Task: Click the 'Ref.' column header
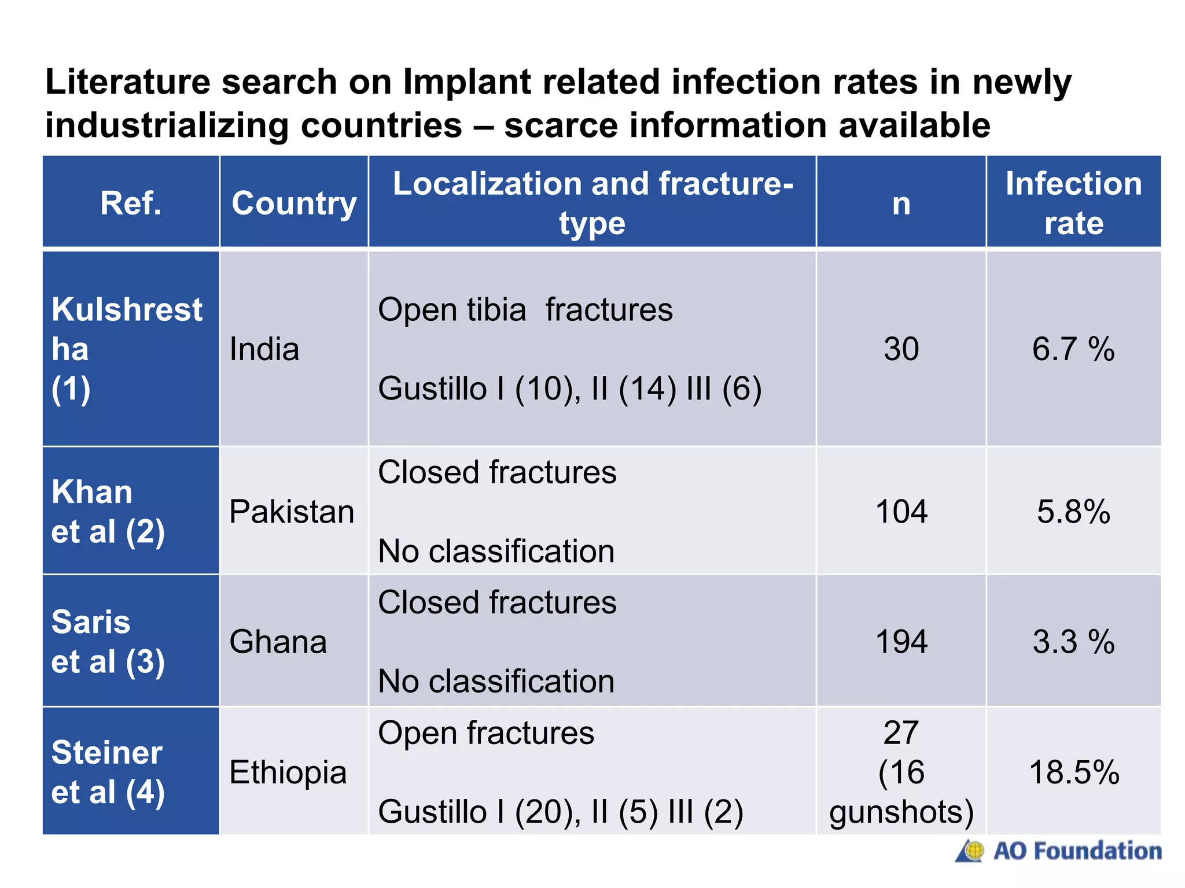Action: (x=131, y=203)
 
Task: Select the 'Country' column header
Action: (x=294, y=203)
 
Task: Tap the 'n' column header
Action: (x=901, y=203)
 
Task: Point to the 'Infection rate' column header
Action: (x=1073, y=203)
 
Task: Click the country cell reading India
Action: (x=264, y=349)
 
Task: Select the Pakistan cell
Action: (x=292, y=512)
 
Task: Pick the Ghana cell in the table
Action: (x=278, y=642)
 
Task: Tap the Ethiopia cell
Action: (x=288, y=772)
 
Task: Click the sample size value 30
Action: (x=901, y=349)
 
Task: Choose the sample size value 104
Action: (x=901, y=512)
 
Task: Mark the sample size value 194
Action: (x=901, y=642)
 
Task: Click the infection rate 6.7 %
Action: (x=1073, y=349)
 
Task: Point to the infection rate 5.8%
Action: (x=1073, y=512)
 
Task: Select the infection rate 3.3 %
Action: (x=1073, y=642)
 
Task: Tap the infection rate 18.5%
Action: (x=1074, y=772)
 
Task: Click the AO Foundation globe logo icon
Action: (x=971, y=851)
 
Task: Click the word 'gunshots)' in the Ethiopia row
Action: (x=901, y=812)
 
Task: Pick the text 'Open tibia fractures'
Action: (x=525, y=310)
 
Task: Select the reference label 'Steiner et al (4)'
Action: (x=108, y=772)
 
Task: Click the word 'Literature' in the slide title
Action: (x=127, y=82)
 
